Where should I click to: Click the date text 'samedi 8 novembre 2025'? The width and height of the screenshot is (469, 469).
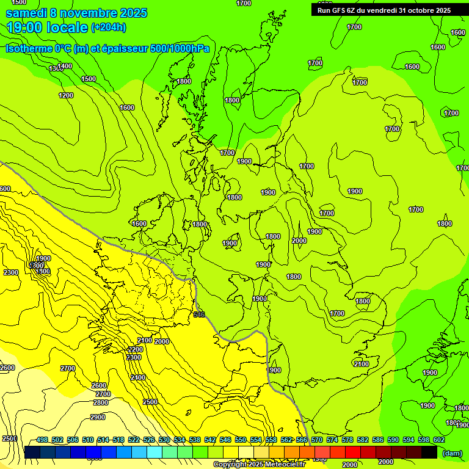click(x=76, y=13)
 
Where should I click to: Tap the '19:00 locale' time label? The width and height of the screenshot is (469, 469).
click(x=48, y=27)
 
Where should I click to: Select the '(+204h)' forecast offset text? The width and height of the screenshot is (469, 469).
click(x=108, y=27)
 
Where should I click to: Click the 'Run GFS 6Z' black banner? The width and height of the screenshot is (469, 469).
click(x=384, y=10)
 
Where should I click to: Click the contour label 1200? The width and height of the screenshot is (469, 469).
click(x=66, y=95)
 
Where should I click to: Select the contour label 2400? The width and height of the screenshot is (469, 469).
click(x=138, y=377)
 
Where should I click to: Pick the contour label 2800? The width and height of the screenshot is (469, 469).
click(x=101, y=402)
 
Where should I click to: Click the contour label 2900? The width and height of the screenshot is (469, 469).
click(x=98, y=417)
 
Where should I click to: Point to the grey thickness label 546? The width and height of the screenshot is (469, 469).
click(x=199, y=314)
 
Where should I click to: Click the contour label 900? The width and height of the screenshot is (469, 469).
click(x=275, y=370)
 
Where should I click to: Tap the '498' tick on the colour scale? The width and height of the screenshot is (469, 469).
click(x=42, y=440)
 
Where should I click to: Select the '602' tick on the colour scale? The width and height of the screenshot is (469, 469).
click(x=438, y=440)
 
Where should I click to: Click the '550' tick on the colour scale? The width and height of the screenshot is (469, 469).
click(x=240, y=440)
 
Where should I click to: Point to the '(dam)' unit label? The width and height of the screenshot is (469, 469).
click(x=452, y=453)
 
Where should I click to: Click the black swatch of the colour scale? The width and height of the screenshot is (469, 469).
click(x=429, y=452)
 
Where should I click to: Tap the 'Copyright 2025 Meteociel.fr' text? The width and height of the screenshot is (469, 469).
click(x=258, y=465)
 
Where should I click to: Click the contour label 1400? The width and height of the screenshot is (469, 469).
click(x=65, y=66)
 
